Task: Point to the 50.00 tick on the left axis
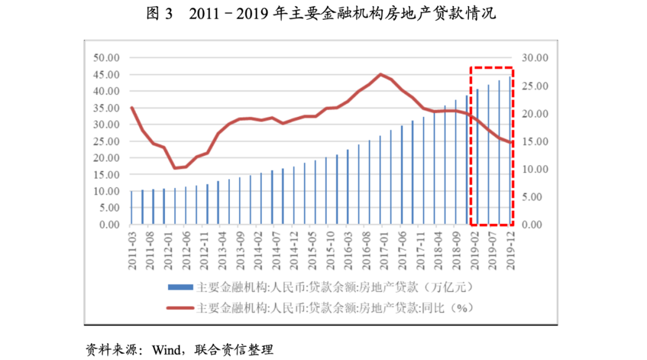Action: coord(107,58)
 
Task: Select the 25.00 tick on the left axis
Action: coord(107,141)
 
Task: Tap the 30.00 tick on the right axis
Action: coord(535,58)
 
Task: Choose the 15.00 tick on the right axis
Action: coord(535,141)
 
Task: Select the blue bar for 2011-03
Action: coord(131,208)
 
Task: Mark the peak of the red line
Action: coord(381,74)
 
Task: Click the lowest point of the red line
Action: coord(175,168)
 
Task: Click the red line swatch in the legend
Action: coord(180,308)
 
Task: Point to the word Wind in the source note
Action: coord(165,349)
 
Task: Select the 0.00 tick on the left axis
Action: coord(110,225)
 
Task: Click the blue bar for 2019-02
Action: coord(477,157)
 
